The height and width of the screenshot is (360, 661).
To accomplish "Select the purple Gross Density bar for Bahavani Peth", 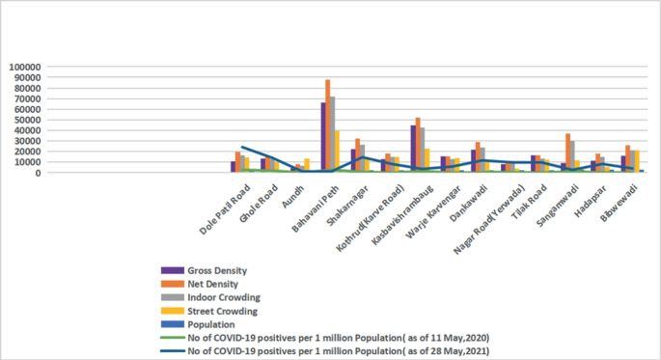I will coord(323,137).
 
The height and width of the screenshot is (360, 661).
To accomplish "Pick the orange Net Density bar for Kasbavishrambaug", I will coord(417,145).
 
